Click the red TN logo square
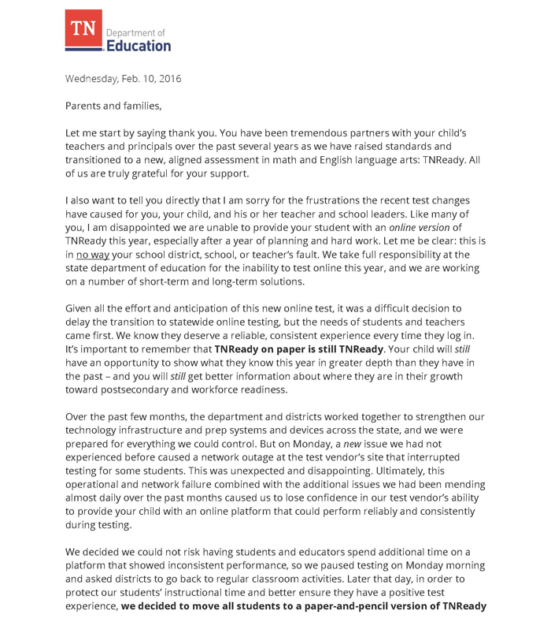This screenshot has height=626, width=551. tap(83, 32)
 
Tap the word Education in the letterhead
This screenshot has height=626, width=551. tap(138, 46)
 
